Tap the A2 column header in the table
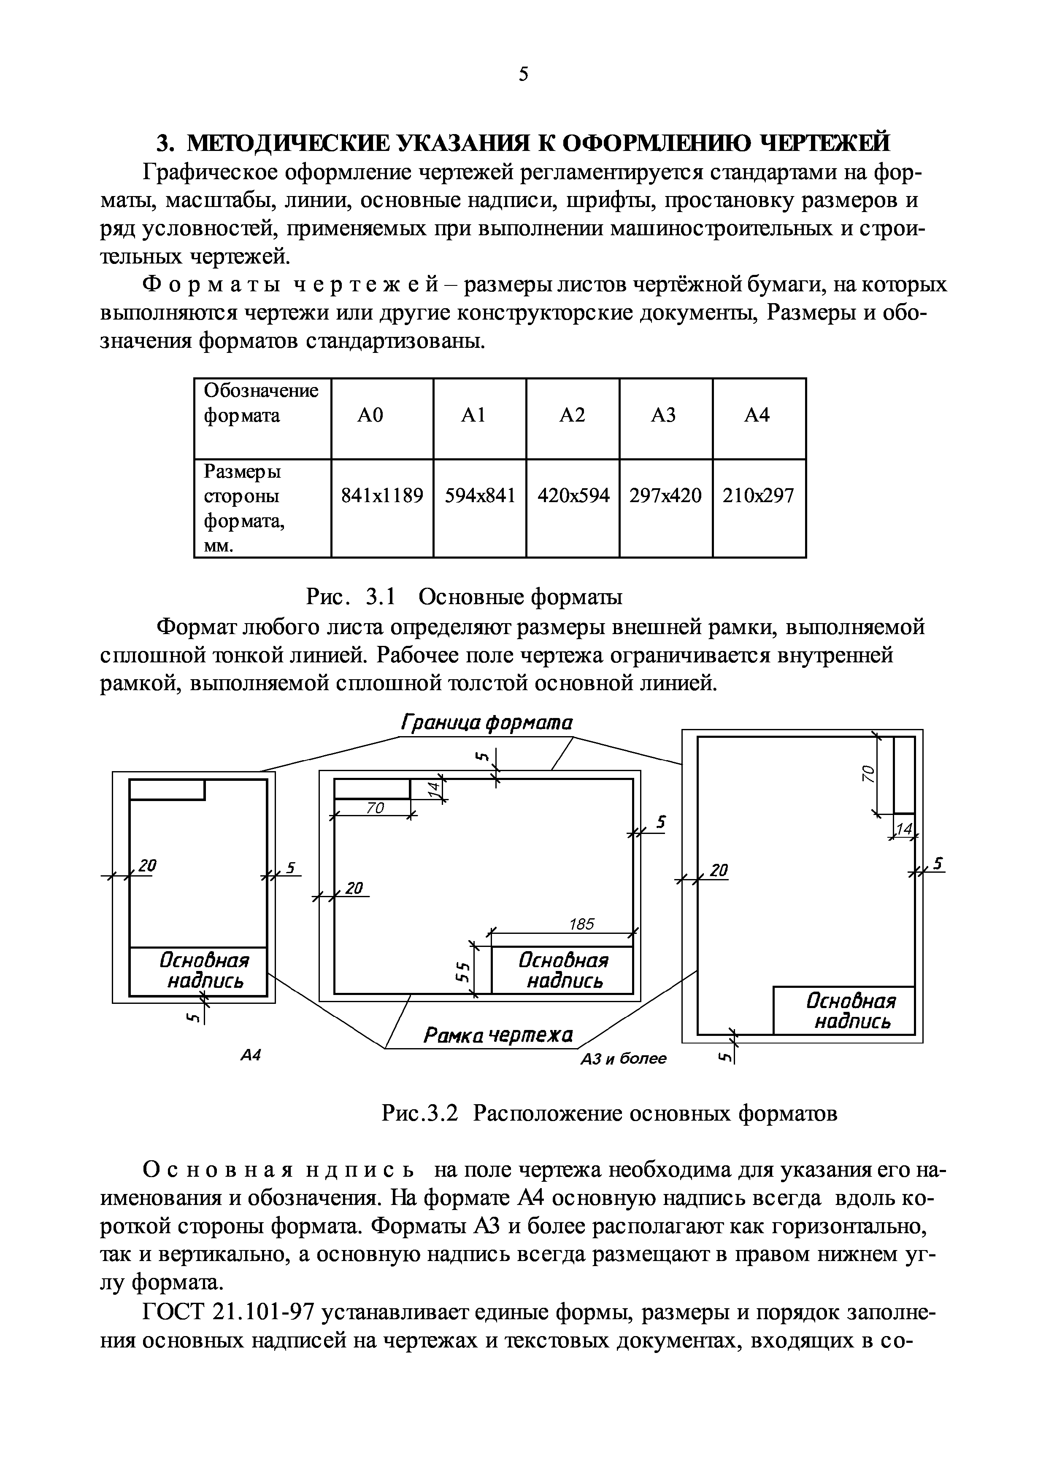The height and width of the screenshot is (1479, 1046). point(572,415)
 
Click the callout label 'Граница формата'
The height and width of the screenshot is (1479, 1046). point(487,722)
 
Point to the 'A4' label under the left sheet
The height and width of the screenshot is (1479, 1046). point(251,1055)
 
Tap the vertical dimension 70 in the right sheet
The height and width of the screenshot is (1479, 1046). point(868,773)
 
